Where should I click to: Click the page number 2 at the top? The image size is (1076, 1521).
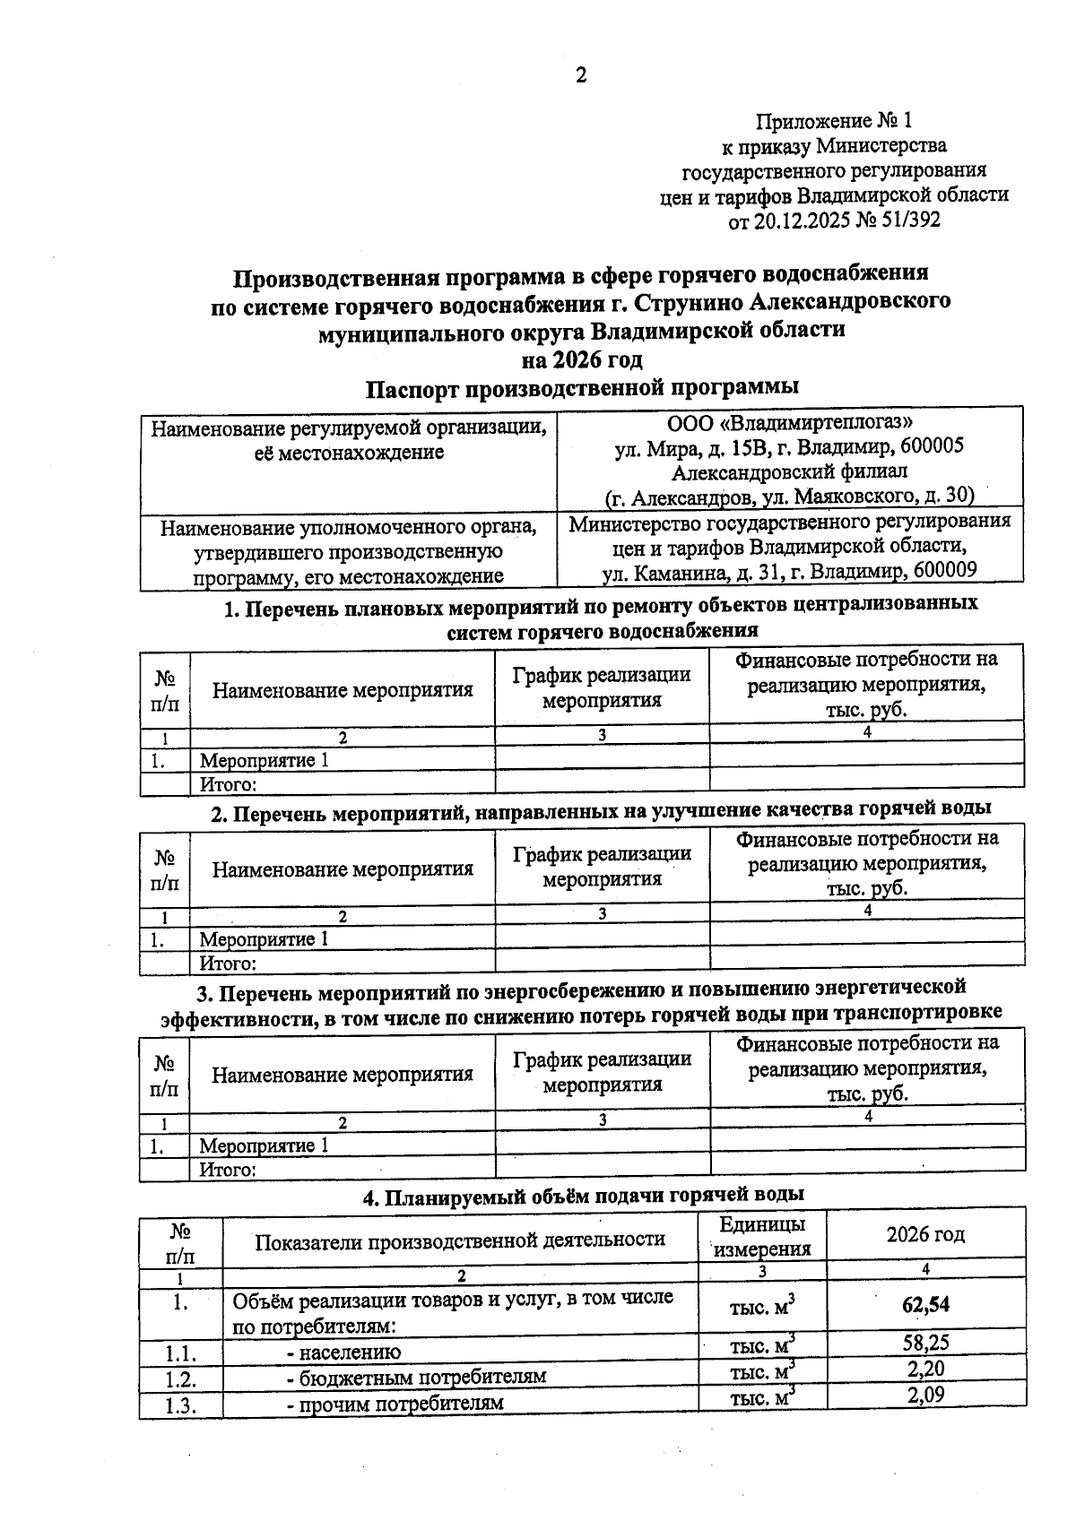click(580, 76)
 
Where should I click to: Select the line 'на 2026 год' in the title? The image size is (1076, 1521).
click(582, 359)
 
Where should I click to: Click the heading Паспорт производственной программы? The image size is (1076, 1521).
click(582, 388)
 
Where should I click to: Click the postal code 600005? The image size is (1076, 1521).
click(932, 446)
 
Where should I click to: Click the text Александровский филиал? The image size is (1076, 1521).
click(790, 471)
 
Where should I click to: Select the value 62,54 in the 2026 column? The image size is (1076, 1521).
click(925, 1305)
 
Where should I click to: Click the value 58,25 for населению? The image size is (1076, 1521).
click(925, 1342)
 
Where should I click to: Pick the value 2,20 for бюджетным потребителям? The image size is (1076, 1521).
click(925, 1368)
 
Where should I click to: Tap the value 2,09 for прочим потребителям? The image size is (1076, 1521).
click(925, 1395)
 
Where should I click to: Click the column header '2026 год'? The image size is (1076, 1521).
click(925, 1234)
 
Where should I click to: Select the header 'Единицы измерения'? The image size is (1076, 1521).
click(762, 1236)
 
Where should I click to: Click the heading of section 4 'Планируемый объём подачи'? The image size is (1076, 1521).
click(582, 1194)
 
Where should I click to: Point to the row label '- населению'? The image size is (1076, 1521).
click(343, 1352)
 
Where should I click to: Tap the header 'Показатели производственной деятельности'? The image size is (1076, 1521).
click(460, 1240)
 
